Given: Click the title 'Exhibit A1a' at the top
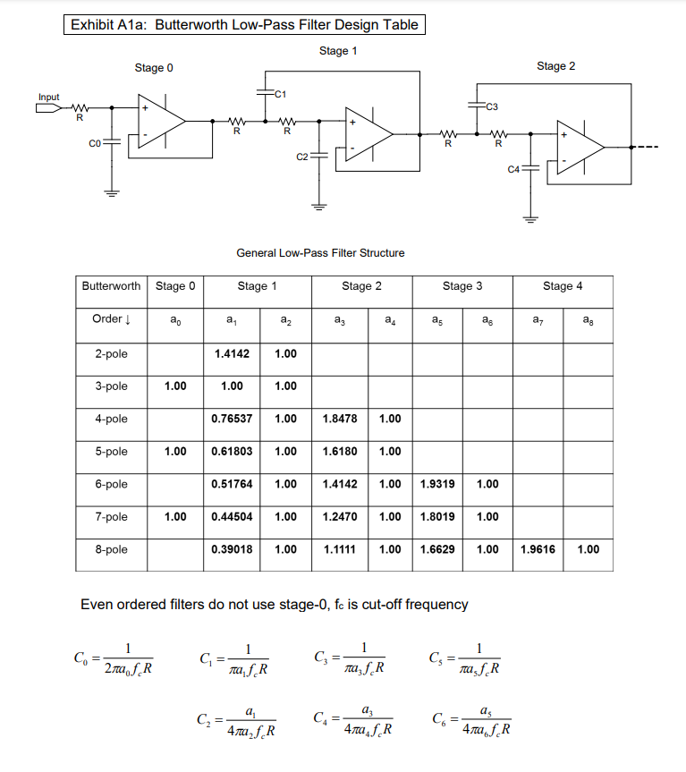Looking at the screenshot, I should pos(111,25).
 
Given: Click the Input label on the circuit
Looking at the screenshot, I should pos(49,97).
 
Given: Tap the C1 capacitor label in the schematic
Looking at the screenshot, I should pos(279,92).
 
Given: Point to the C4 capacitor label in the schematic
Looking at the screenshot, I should pos(513,168).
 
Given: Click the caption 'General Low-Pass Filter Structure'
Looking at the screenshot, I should pos(320,253).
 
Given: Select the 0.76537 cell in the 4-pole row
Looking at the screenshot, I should pos(232,419).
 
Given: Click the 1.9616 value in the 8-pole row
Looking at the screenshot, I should pos(537,549).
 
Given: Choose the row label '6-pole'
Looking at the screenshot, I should pos(111,484).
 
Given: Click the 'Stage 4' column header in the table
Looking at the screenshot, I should pos(562,286).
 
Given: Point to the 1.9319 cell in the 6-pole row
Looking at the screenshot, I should pos(437,484).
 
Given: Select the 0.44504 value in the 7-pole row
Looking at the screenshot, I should pos(232,517).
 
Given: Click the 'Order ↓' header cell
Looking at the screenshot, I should pos(111,319).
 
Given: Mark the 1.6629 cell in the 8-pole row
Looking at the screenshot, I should pos(437,549).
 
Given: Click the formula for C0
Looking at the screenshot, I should pos(114,657).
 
